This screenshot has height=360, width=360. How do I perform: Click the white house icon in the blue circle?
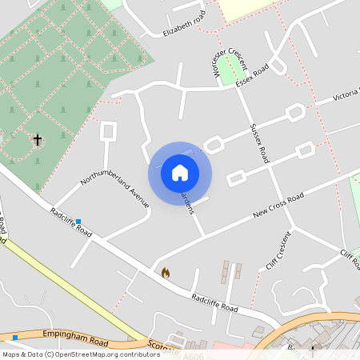[180, 173]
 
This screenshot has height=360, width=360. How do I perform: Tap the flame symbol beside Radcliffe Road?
[166, 273]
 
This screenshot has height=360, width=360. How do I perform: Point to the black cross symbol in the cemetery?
[37, 140]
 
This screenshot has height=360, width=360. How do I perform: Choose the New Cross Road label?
[278, 206]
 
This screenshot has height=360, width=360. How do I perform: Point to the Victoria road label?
[347, 94]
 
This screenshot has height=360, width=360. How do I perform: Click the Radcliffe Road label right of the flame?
[214, 302]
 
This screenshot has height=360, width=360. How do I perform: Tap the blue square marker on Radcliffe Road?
[78, 222]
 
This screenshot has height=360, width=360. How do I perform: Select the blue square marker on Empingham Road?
[14, 336]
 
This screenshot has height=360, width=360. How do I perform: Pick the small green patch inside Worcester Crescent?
[230, 70]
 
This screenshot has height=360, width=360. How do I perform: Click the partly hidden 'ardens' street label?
[186, 201]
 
